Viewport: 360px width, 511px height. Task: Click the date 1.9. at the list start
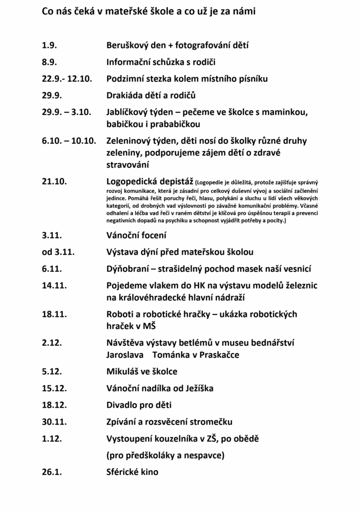click(49, 45)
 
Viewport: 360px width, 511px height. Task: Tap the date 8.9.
click(49, 62)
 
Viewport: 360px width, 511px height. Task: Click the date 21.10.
click(54, 182)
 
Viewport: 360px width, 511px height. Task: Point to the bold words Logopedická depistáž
click(150, 182)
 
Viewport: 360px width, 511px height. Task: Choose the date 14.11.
click(54, 286)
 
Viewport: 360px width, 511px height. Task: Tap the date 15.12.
click(54, 388)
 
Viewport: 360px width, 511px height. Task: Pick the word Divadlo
click(123, 405)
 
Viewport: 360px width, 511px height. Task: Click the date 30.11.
click(54, 422)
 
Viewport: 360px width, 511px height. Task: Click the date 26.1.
click(52, 472)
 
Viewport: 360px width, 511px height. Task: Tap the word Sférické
click(123, 472)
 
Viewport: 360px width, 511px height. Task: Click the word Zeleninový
click(130, 141)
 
